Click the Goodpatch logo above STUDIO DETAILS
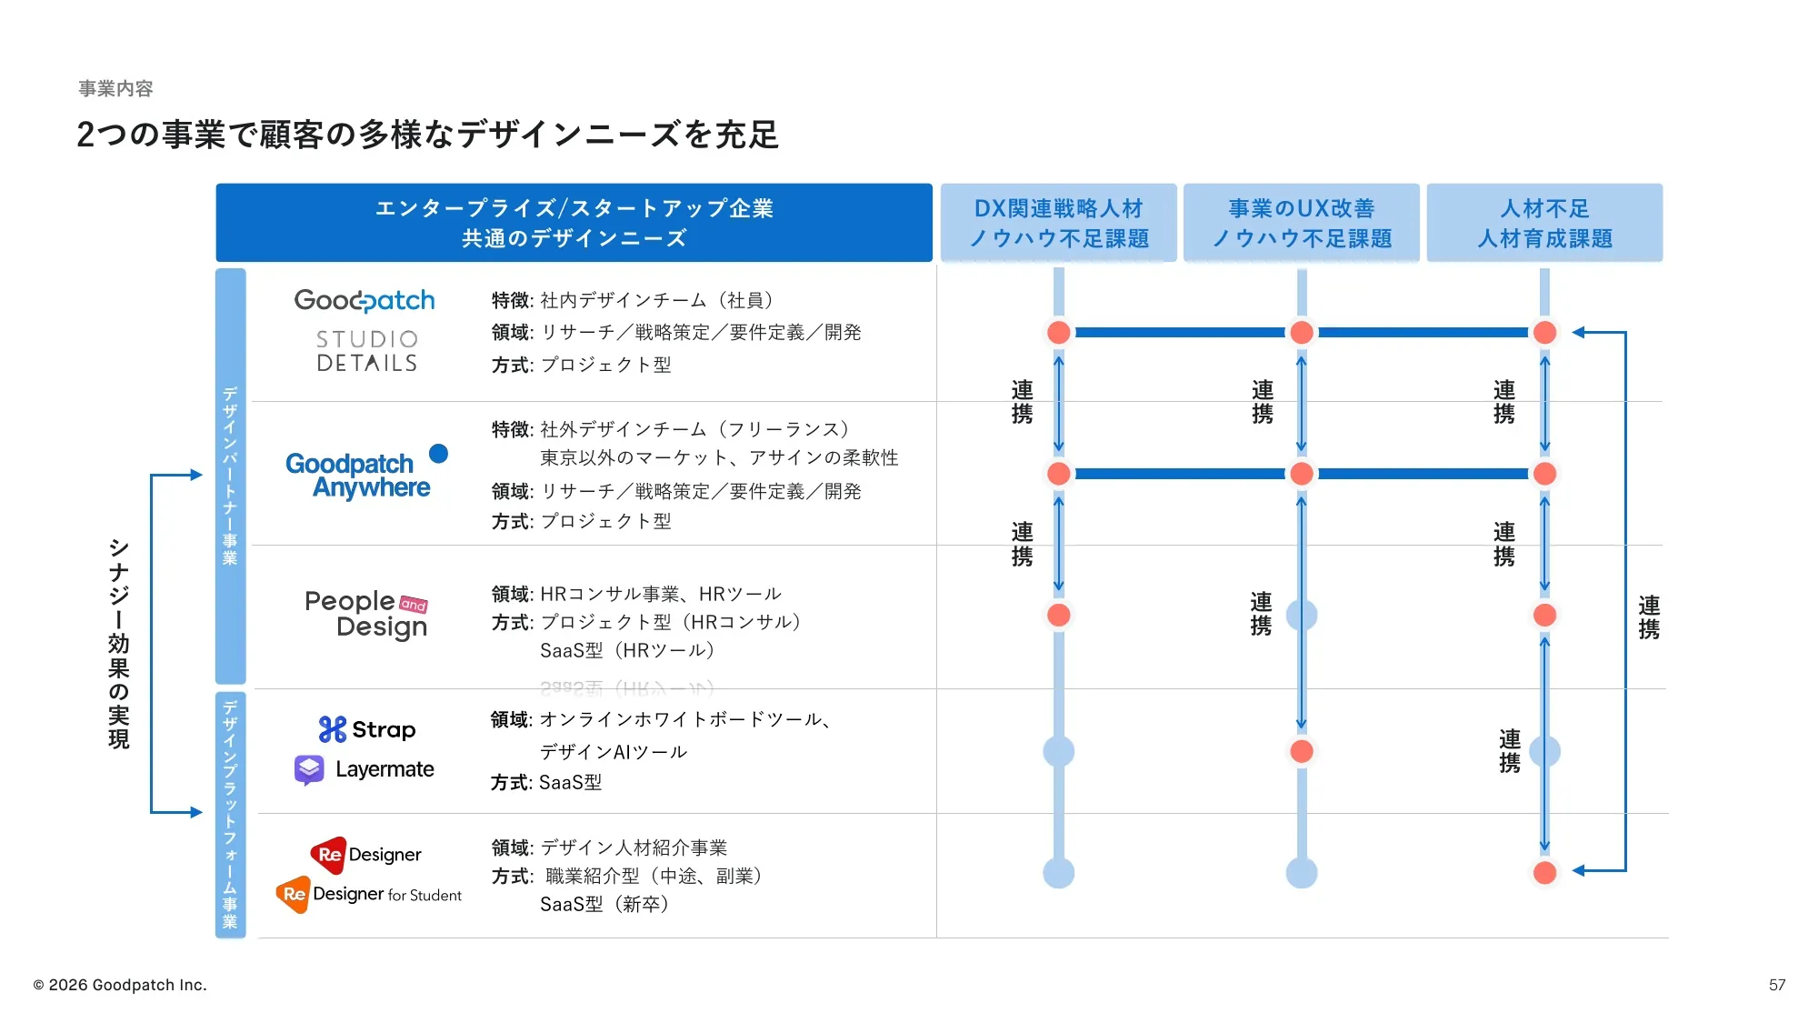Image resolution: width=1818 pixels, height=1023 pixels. pos(365,301)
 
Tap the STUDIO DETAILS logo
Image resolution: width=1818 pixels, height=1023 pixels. pos(366,351)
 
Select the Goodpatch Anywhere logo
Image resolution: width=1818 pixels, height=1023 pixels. pos(367,473)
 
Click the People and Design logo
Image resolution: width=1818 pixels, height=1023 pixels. pos(366,615)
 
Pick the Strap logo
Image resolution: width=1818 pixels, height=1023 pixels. pos(367,729)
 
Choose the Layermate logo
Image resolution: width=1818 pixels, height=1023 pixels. pos(365,769)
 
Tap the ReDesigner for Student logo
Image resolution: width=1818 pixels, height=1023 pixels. pos(369,895)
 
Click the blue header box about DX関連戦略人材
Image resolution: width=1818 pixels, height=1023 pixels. pos(1059,223)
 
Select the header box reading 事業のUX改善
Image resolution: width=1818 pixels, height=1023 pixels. pos(1302,223)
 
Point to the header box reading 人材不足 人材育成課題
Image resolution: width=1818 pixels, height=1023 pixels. pos(1544,223)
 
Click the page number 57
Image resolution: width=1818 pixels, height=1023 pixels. pos(1777,985)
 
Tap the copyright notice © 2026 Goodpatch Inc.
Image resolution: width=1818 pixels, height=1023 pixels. pos(120,985)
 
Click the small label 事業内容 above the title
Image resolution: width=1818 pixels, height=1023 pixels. pos(115,88)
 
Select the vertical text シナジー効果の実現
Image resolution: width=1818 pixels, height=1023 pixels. pos(119,644)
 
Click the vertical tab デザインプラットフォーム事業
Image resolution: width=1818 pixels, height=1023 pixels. pos(231,815)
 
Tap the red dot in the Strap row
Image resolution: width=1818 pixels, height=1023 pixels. pos(1302,751)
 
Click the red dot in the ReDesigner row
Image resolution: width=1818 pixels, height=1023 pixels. pos(1544,873)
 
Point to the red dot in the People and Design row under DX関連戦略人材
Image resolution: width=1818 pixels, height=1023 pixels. pos(1059,615)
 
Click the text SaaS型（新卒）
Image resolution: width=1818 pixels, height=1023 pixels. pos(604,904)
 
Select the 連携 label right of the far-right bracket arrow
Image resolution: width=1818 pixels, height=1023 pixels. pos(1649,617)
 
